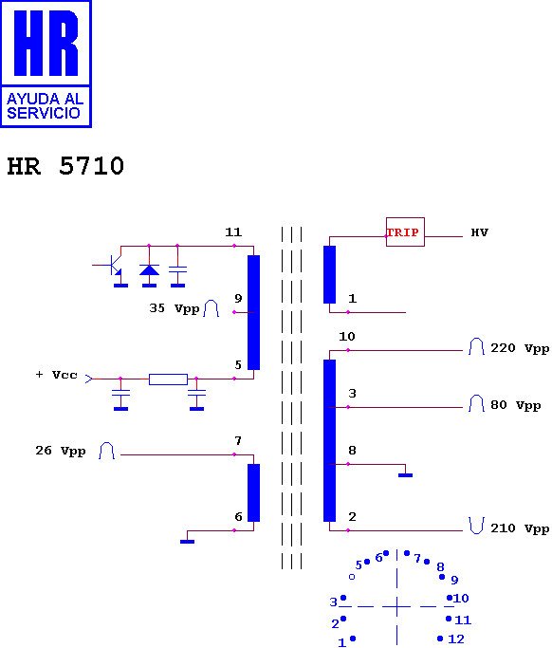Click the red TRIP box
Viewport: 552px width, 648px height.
point(405,231)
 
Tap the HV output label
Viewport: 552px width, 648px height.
point(479,232)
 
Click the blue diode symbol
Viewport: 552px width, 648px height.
point(149,269)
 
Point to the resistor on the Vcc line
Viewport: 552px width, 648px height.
point(168,379)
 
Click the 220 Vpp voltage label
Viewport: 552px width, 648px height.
point(520,348)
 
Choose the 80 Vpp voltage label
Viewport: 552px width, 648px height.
point(516,405)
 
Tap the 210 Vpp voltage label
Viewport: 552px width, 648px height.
point(520,528)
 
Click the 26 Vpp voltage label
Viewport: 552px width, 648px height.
point(61,451)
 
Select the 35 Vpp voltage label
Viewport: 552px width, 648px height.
point(175,308)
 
